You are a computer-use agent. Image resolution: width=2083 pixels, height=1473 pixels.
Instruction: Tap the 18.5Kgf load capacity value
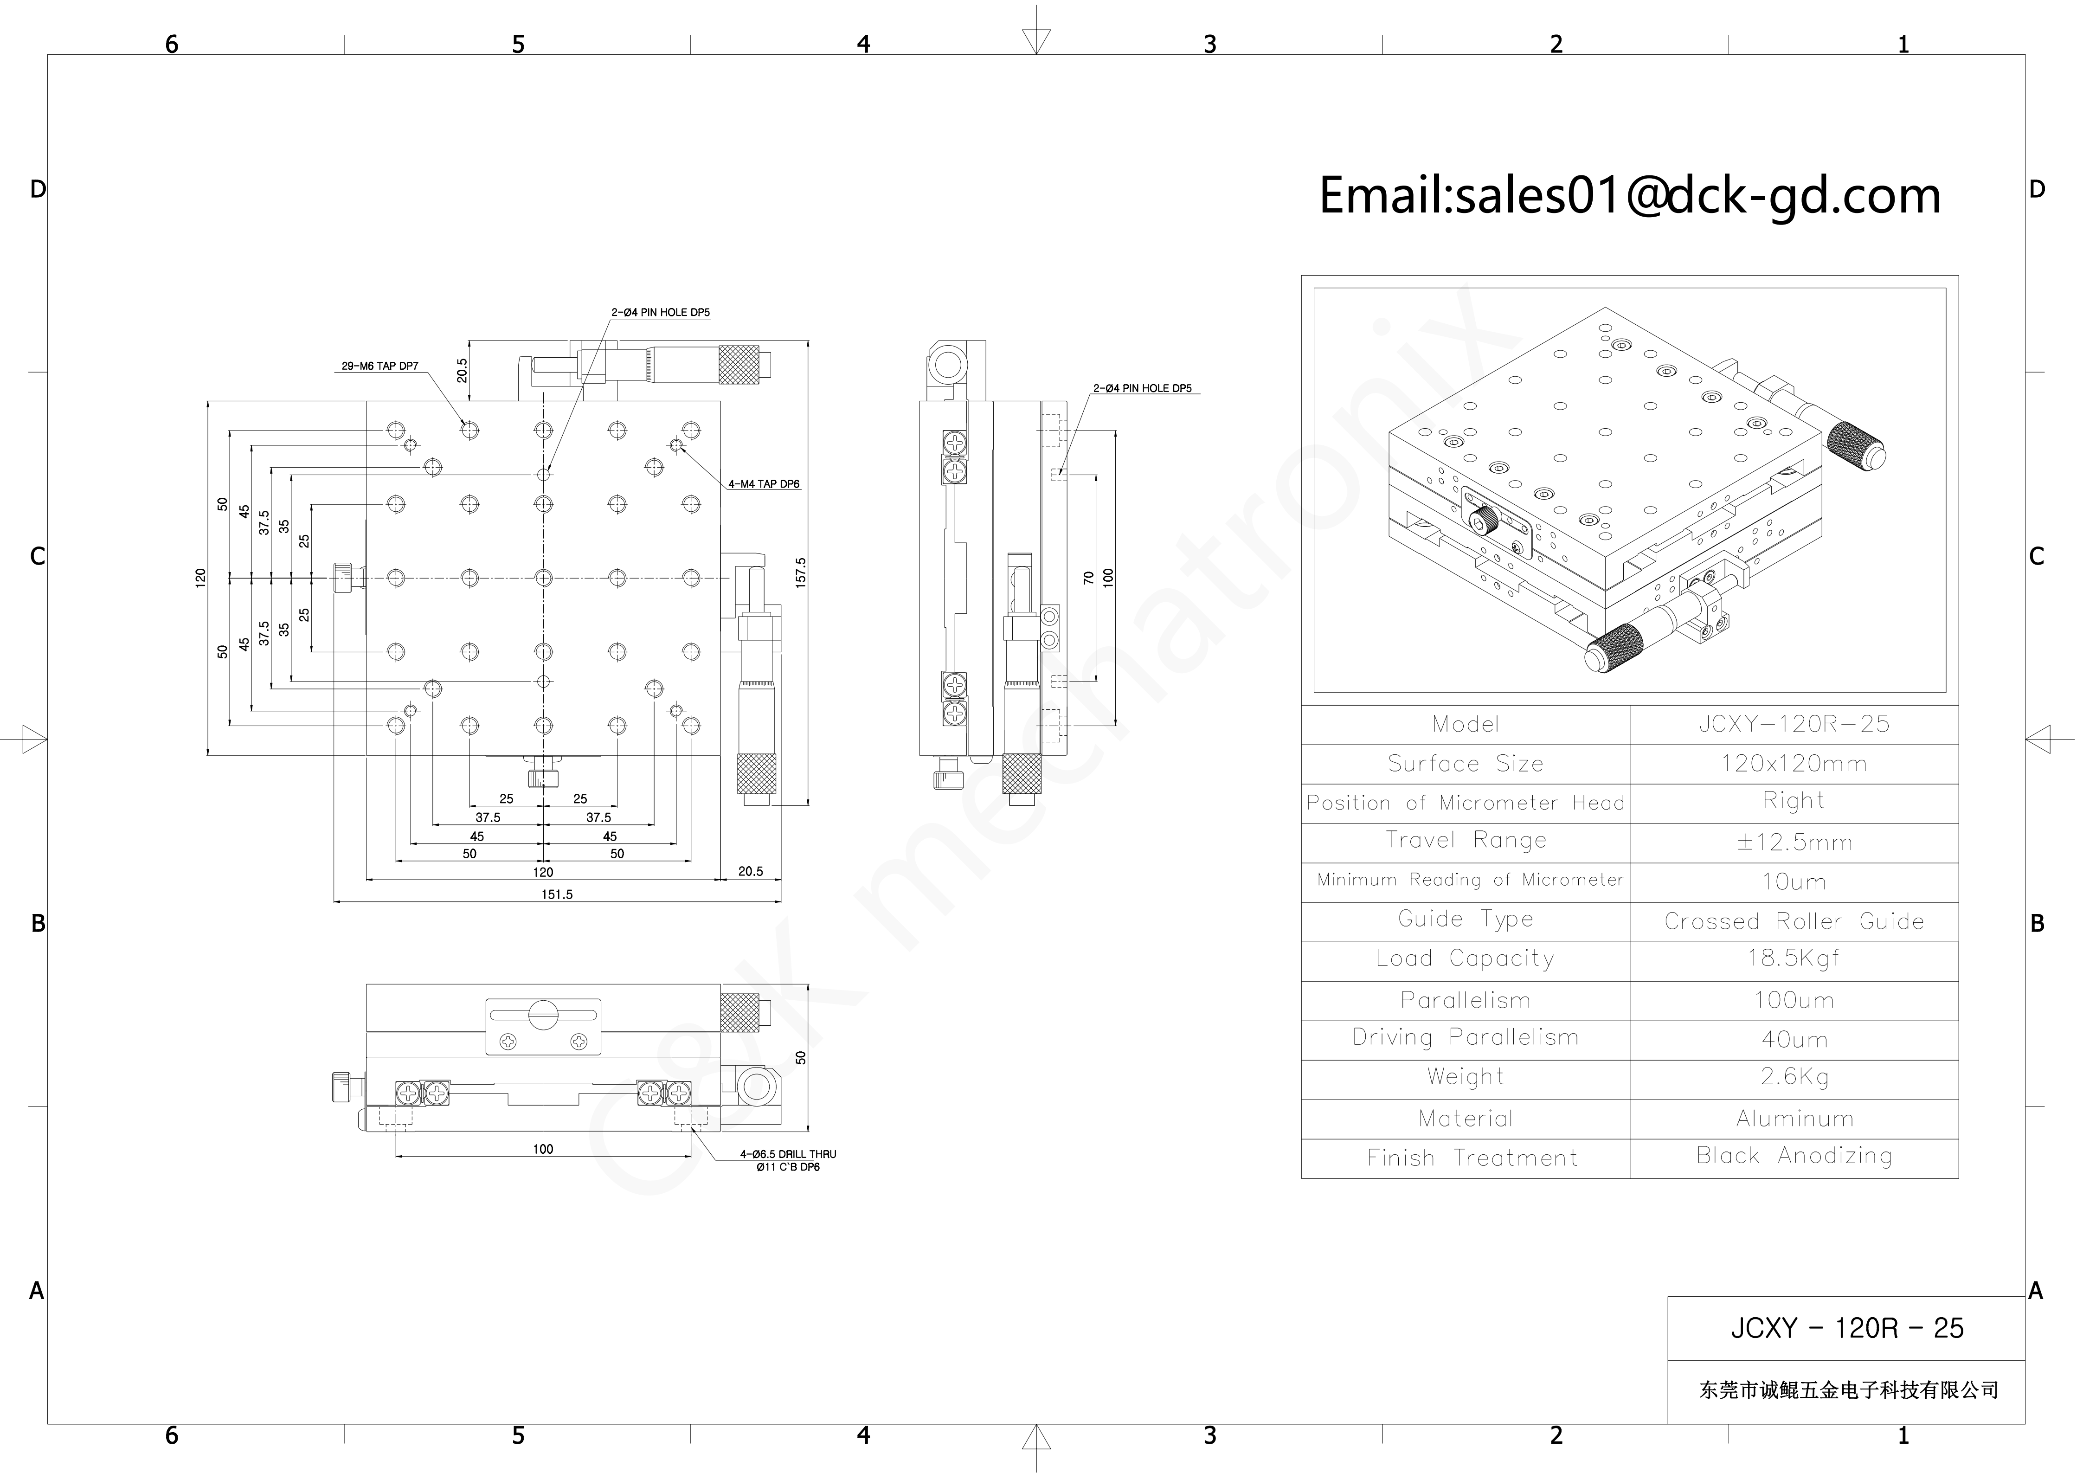1794,958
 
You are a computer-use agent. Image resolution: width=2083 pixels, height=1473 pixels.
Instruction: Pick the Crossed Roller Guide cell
1794,921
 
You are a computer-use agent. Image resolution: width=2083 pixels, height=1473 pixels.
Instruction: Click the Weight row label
1465,1077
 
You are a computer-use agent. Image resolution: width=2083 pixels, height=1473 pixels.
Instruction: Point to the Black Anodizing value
1794,1156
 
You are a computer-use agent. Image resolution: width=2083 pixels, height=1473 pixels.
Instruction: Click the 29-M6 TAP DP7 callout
380,367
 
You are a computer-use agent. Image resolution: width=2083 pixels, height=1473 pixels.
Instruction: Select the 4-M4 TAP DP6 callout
764,484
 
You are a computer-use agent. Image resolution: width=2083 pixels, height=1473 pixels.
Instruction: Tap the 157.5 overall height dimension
800,573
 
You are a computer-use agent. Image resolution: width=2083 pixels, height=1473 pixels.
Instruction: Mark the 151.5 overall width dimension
557,894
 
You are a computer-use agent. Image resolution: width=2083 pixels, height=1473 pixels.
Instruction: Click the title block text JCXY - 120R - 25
1846,1329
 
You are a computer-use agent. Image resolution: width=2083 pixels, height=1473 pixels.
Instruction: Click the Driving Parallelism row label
1465,1038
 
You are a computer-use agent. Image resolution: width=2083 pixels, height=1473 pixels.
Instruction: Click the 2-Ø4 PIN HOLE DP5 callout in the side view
1142,388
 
